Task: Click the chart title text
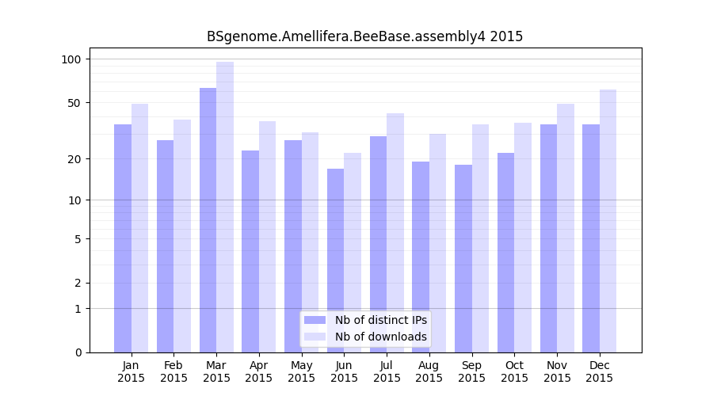tap(364, 36)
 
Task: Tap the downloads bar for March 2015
tap(225, 207)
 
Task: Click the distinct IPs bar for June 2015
tap(335, 261)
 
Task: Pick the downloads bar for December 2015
tap(608, 221)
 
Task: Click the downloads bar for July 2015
tap(395, 233)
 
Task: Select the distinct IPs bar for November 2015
tap(548, 238)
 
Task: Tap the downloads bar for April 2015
tap(268, 237)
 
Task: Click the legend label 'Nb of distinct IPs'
tap(381, 320)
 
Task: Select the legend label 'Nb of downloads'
tap(381, 337)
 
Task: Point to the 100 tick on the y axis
tap(71, 59)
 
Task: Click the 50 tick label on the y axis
tap(74, 103)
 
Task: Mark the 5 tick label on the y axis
tap(77, 239)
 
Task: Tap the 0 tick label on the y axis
tap(77, 352)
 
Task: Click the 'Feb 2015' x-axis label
tap(173, 371)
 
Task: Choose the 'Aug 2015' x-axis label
tap(429, 371)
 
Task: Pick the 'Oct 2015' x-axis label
tap(514, 371)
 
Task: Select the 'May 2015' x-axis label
tap(302, 371)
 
